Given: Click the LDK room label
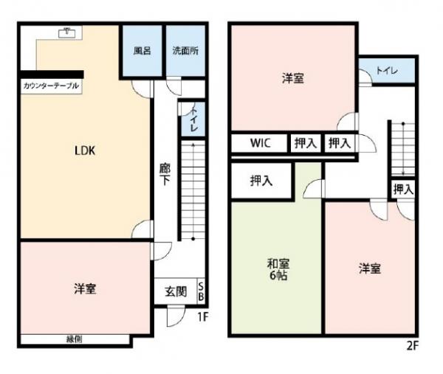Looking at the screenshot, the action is [x=85, y=150].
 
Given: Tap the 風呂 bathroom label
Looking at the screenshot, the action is [x=142, y=51].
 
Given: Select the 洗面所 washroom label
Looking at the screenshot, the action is [x=185, y=51].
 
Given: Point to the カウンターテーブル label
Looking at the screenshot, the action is [x=51, y=86].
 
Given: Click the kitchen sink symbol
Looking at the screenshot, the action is [x=67, y=33].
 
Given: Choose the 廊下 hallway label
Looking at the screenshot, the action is [x=165, y=174].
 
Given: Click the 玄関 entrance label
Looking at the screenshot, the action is [x=176, y=291].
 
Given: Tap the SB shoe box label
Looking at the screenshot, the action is [x=201, y=291].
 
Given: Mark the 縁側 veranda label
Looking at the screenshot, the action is [x=74, y=339].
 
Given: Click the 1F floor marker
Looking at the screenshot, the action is [x=202, y=316].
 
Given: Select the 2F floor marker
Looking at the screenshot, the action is [x=412, y=345].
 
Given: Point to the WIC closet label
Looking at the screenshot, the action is [x=260, y=143].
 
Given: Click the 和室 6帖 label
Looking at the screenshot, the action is [x=278, y=269].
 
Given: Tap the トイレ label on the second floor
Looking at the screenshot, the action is [x=387, y=71].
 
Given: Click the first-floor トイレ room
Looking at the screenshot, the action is [x=193, y=119].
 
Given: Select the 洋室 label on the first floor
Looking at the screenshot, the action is [x=85, y=289].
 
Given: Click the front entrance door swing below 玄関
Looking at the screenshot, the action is [x=176, y=316].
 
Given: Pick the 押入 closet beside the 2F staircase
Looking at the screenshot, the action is [x=403, y=190].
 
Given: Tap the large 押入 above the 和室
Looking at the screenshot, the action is [x=261, y=181].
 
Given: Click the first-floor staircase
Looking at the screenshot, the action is [x=193, y=190].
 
